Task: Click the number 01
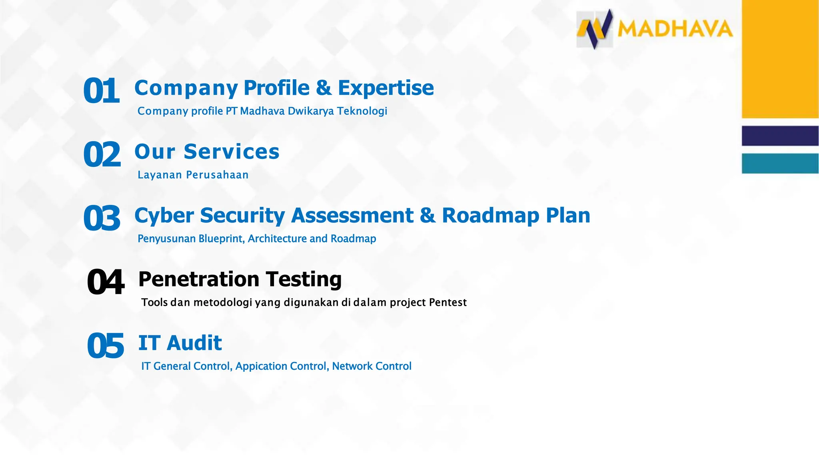(101, 91)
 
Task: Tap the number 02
(102, 155)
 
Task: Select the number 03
(102, 218)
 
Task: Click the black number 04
(106, 283)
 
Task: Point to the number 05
(106, 346)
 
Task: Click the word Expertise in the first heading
(386, 88)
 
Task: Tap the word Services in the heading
(232, 152)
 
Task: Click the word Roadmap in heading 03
(490, 215)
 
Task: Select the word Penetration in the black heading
(199, 279)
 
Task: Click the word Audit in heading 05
(194, 343)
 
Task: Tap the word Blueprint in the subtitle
(222, 239)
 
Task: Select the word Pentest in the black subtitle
(447, 302)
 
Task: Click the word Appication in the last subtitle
(261, 366)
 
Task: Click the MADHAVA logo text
(675, 29)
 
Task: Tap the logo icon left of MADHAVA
(595, 29)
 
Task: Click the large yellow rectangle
(780, 59)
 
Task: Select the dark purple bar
(780, 136)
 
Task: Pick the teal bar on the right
(780, 163)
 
